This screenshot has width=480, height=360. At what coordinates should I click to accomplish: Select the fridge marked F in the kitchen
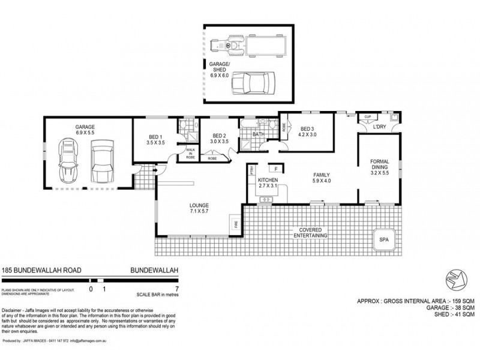[276, 169]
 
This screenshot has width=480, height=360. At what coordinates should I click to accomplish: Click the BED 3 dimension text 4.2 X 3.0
[307, 135]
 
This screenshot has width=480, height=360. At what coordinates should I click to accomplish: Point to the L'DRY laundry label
[379, 128]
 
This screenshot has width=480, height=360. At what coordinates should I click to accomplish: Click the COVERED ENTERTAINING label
[310, 233]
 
